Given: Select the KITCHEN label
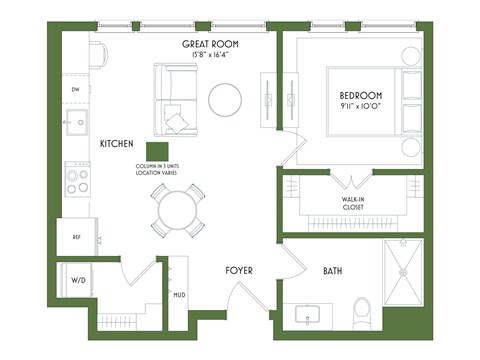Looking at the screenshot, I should (118, 144).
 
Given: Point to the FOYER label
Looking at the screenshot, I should (239, 270).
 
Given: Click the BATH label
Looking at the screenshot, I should (334, 271).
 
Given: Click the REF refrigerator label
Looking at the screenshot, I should (75, 237).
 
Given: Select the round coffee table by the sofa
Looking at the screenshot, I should (225, 97).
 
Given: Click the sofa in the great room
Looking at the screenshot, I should (175, 97).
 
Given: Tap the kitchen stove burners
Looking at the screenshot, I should (77, 180).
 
